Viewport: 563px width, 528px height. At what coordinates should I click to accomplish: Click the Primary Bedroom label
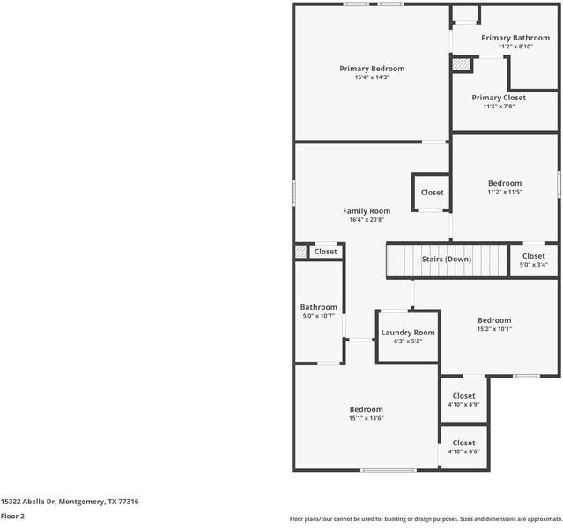(x=372, y=69)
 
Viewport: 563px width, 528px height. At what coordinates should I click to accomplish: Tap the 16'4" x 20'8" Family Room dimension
(x=367, y=219)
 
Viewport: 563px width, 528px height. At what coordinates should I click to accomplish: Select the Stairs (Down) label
(x=447, y=259)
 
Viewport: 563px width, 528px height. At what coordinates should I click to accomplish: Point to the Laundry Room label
(x=408, y=333)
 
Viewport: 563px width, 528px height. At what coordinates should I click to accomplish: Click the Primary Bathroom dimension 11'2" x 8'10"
(x=515, y=47)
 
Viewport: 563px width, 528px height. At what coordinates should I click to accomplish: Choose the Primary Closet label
(x=499, y=98)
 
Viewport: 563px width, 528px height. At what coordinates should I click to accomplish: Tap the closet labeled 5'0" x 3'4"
(x=534, y=260)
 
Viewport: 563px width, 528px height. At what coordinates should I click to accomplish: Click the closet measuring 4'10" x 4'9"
(x=463, y=400)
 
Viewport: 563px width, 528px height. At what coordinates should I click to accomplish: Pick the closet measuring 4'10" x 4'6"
(x=463, y=447)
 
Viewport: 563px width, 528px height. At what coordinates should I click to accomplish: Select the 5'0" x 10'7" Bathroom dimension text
(x=318, y=316)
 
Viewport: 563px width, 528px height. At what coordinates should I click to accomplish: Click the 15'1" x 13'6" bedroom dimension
(x=367, y=418)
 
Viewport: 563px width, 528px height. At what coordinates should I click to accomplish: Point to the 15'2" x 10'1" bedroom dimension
(x=494, y=329)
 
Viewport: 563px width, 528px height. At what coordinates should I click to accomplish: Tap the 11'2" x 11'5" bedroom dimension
(x=505, y=192)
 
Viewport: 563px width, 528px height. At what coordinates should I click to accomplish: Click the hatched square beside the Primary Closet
(x=461, y=64)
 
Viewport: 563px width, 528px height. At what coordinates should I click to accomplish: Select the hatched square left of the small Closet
(x=300, y=251)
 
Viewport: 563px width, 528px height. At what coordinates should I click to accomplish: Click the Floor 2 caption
(x=12, y=517)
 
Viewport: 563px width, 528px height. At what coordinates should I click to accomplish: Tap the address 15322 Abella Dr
(x=28, y=502)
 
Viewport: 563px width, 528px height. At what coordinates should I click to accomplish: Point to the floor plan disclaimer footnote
(x=426, y=518)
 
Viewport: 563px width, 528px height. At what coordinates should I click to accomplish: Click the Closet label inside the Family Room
(x=433, y=193)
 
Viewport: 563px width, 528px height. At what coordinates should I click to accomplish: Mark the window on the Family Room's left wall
(x=293, y=193)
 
